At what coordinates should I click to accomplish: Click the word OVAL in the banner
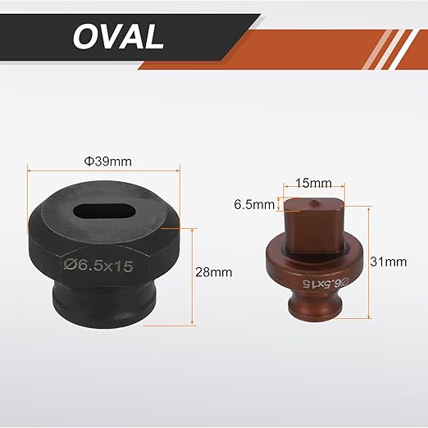118,37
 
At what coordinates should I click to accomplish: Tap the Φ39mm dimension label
107,162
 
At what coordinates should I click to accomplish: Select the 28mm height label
213,272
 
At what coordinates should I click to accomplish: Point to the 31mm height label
389,262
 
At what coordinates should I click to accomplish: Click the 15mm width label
314,183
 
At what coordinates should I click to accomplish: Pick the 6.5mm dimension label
254,204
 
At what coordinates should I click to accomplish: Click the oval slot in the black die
104,211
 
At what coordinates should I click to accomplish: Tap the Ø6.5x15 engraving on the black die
98,266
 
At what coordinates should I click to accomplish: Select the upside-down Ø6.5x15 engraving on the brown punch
326,283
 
